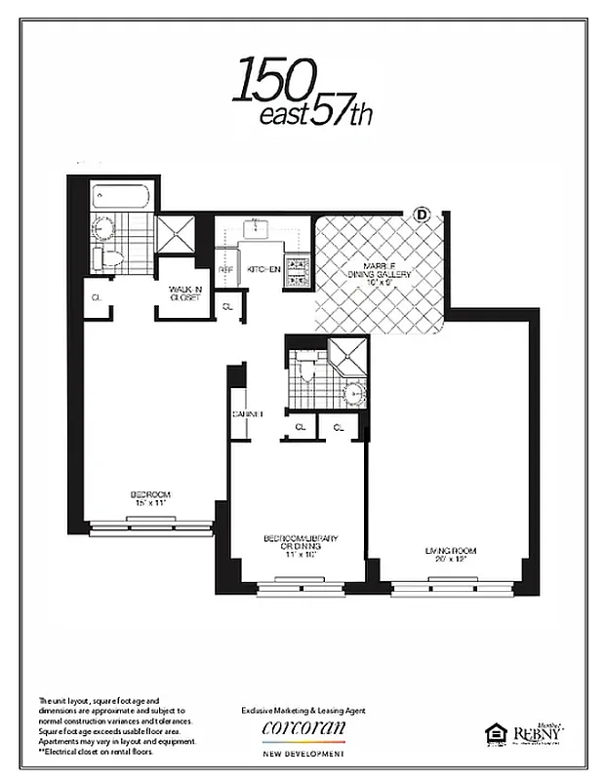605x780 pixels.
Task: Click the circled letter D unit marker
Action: click(423, 213)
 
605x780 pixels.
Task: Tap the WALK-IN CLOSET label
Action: click(183, 292)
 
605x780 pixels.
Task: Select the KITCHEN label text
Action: click(263, 269)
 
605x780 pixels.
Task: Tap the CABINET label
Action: click(248, 413)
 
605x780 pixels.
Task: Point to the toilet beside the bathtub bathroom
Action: click(103, 258)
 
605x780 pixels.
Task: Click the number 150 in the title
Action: click(273, 83)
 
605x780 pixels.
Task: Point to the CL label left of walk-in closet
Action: click(97, 296)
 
